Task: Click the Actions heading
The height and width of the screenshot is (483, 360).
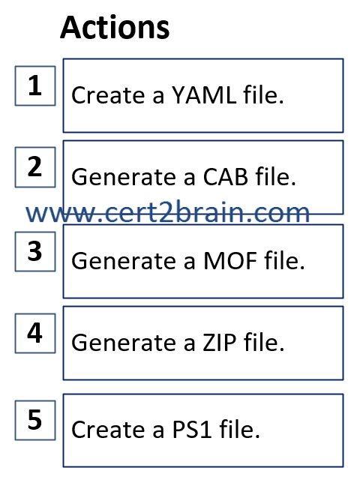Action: click(115, 28)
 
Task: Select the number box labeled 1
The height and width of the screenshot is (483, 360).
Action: click(35, 86)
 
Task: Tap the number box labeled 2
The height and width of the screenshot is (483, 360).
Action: click(35, 167)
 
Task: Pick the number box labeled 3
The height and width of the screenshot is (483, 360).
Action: click(35, 252)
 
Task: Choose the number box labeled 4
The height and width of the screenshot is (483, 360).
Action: click(35, 333)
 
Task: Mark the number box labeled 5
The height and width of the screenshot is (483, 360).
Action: click(35, 420)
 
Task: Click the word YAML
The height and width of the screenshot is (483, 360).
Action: click(204, 94)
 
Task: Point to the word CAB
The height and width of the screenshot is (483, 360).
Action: click(226, 177)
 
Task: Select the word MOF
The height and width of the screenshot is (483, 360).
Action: click(230, 261)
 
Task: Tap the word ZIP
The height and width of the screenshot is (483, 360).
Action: click(220, 343)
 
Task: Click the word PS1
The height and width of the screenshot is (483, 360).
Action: click(192, 430)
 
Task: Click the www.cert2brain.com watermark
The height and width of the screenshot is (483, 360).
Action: click(167, 212)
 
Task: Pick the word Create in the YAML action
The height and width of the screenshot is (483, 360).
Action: click(108, 94)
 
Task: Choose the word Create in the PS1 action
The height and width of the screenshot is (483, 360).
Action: click(108, 430)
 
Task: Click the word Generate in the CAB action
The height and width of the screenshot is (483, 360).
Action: click(124, 177)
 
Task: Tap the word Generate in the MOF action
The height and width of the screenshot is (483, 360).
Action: click(124, 261)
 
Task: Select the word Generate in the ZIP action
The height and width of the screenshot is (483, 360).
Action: click(124, 343)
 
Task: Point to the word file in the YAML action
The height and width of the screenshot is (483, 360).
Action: click(263, 94)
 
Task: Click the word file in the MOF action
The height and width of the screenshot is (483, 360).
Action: click(284, 260)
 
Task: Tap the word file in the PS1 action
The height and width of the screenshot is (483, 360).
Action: click(239, 429)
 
